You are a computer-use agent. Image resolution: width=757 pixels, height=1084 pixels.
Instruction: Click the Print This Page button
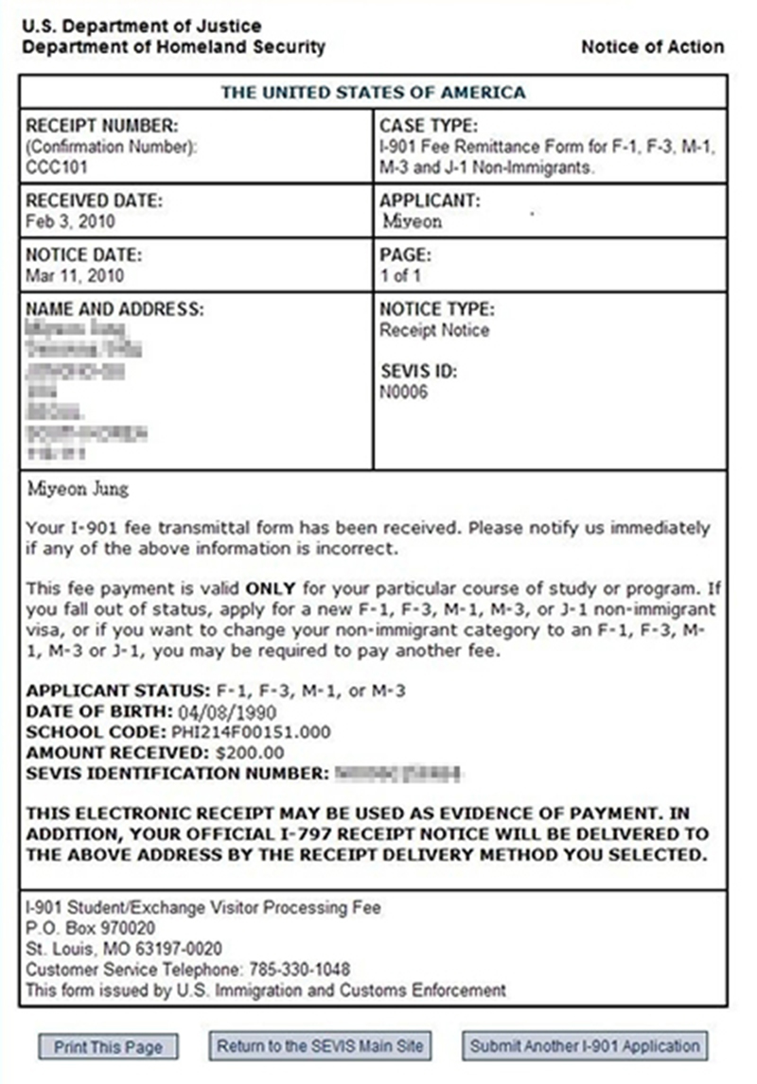108,1047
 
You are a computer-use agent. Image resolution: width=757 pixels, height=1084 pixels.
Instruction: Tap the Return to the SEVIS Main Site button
320,1046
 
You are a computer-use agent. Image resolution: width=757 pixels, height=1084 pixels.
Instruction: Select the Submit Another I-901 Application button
585,1046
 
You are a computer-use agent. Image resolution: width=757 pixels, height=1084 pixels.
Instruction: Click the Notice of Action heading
652,46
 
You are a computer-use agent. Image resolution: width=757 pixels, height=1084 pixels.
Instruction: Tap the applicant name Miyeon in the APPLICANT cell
413,221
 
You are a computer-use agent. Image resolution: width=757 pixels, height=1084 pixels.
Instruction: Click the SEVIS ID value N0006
404,391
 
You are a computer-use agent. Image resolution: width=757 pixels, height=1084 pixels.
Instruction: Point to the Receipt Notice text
434,330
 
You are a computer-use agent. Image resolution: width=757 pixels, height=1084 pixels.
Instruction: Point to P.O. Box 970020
91,928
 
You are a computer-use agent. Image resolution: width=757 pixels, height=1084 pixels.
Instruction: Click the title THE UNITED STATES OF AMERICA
373,93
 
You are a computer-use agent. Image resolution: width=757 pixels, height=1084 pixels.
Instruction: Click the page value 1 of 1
400,276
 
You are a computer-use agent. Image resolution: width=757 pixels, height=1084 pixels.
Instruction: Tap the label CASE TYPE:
429,126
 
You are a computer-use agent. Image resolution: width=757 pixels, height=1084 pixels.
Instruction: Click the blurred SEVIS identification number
398,774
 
